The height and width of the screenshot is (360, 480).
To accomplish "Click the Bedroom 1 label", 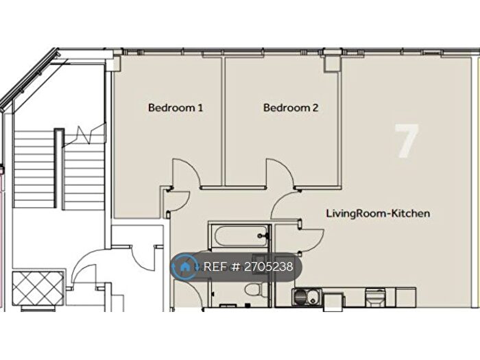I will click(x=176, y=108).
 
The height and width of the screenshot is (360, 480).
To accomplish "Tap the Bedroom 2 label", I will click(x=291, y=108).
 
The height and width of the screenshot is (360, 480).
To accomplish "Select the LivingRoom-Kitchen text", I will click(x=378, y=213).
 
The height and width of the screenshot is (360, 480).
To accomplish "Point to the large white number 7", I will click(x=406, y=141).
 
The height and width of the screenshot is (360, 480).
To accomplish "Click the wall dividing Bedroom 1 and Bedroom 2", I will click(x=222, y=120).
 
